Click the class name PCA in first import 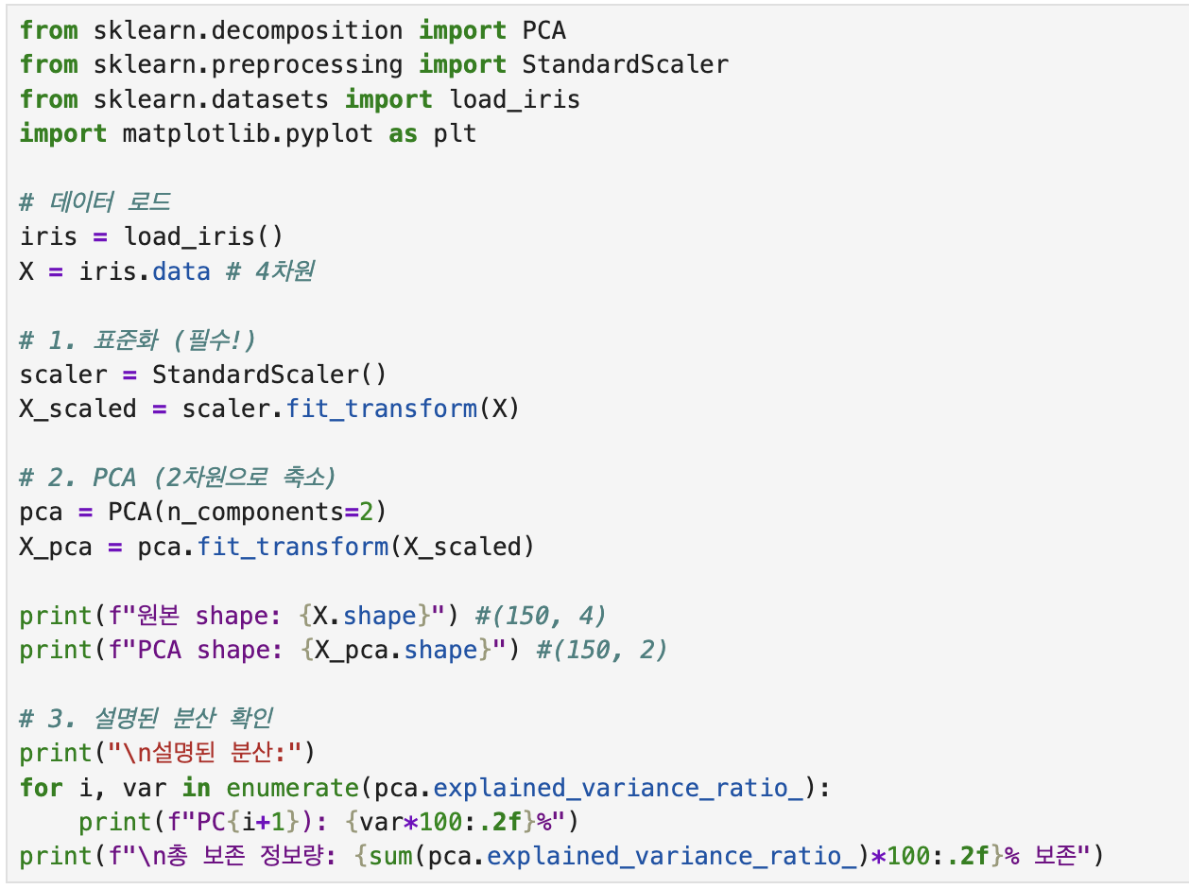pos(543,30)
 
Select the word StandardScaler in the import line pos(625,64)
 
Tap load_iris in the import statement pos(514,99)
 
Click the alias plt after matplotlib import pos(455,133)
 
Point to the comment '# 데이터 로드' pos(95,202)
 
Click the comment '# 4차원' pos(269,271)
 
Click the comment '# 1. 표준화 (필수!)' pos(137,340)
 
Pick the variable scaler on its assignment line pos(63,375)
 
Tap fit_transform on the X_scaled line pos(381,409)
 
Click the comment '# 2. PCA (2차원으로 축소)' pos(178,478)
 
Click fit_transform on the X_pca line pos(292,547)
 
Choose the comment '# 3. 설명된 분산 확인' pos(146,719)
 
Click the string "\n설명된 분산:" pos(203,753)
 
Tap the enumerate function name pos(292,788)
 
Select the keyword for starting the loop pos(42,788)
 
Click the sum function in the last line pos(388,857)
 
